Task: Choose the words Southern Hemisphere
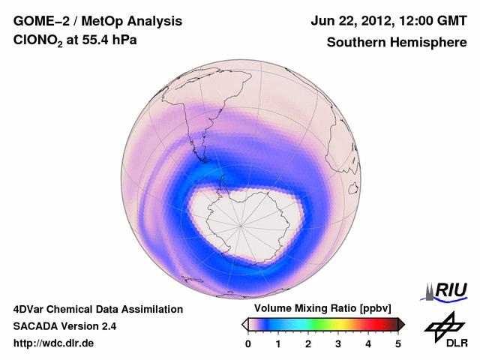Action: click(396, 43)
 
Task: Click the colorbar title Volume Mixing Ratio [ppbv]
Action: click(322, 308)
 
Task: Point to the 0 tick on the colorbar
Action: click(248, 343)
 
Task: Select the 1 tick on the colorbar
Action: click(278, 343)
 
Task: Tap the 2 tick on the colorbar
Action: click(308, 343)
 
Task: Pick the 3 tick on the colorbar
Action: click(338, 343)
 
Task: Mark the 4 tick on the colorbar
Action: click(368, 343)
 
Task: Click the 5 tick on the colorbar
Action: click(398, 343)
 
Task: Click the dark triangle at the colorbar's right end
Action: click(402, 324)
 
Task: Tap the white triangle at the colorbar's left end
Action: click(244, 324)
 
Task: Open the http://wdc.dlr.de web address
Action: click(55, 343)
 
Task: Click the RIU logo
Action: click(448, 290)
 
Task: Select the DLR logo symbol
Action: click(443, 325)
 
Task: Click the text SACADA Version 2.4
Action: click(64, 326)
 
